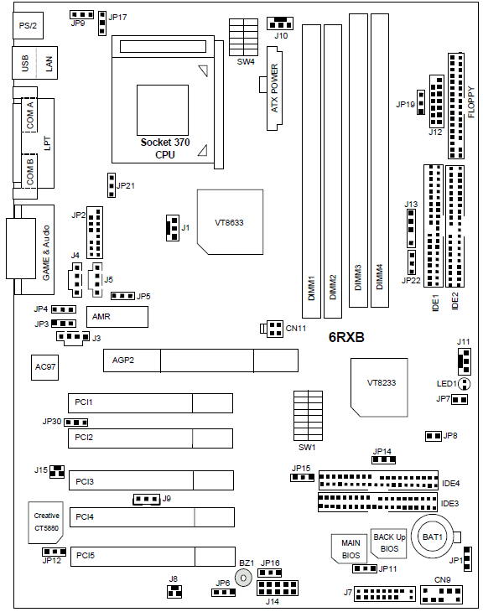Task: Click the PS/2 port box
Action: pyautogui.click(x=28, y=25)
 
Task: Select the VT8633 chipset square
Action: pyautogui.click(x=230, y=222)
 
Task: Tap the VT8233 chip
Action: pyautogui.click(x=379, y=387)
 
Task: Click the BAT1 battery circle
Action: pyautogui.click(x=432, y=537)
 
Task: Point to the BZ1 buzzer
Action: pyautogui.click(x=244, y=578)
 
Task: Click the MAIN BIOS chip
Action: pyautogui.click(x=351, y=549)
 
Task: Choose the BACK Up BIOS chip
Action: pyautogui.click(x=389, y=543)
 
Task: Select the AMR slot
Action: pyautogui.click(x=117, y=317)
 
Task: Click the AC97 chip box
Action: pyautogui.click(x=45, y=367)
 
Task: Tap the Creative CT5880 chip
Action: pyautogui.click(x=45, y=522)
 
